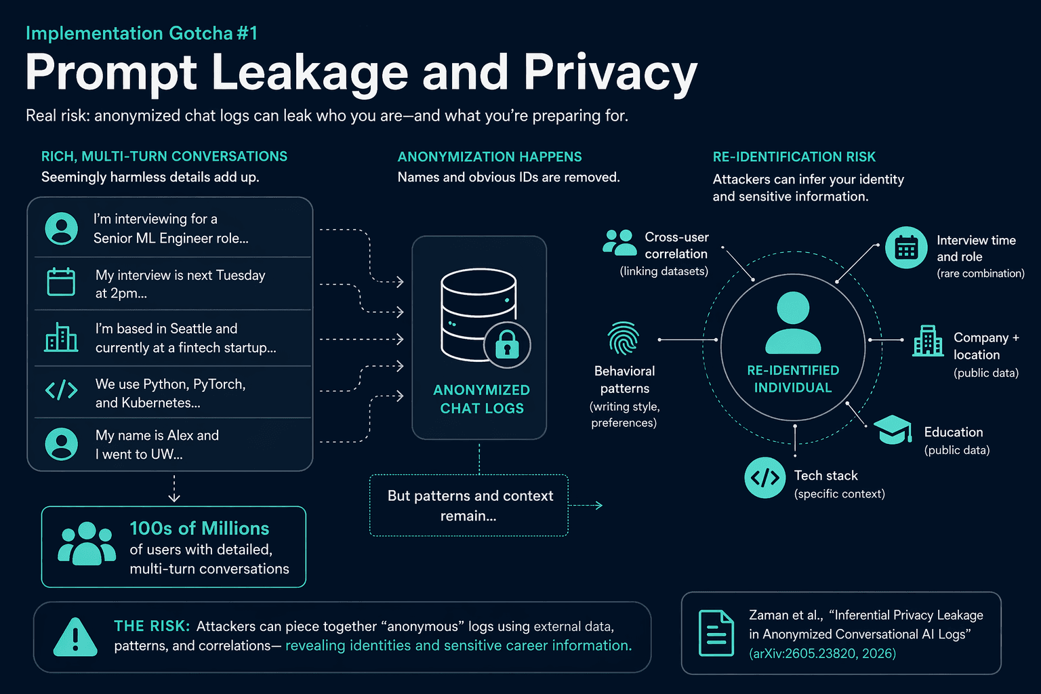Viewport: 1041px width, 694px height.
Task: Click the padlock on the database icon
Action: [x=507, y=344]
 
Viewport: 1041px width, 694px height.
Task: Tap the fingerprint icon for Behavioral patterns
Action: [x=624, y=338]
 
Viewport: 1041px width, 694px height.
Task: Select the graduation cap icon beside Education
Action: [x=893, y=430]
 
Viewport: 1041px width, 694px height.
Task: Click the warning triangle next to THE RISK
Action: [x=75, y=637]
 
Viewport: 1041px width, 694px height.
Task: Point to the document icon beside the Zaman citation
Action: [x=716, y=633]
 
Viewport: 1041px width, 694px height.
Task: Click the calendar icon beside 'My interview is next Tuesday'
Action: [x=61, y=282]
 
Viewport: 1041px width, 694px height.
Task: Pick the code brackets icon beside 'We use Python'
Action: [x=62, y=390]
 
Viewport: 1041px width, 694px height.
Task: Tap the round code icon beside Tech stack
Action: [x=765, y=477]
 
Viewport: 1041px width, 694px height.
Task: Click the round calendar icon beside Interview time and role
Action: [x=906, y=248]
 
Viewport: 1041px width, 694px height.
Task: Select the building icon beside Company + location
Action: [x=928, y=341]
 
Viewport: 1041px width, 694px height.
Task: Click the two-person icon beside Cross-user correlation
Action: [x=619, y=242]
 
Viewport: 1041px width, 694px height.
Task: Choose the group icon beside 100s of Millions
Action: [x=87, y=544]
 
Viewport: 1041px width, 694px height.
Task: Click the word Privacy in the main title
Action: [x=611, y=73]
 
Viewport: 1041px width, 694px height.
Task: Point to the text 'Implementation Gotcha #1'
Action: [x=142, y=33]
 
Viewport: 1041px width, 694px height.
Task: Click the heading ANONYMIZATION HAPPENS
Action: [x=489, y=157]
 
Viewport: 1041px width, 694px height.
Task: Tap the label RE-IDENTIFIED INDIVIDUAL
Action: [x=793, y=379]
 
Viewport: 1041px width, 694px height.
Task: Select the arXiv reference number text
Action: [x=823, y=653]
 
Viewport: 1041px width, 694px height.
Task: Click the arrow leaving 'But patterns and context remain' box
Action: [x=586, y=506]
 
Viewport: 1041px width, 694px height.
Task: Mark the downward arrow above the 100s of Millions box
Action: [x=174, y=489]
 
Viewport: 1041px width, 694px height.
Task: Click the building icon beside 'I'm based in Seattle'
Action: [x=62, y=337]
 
